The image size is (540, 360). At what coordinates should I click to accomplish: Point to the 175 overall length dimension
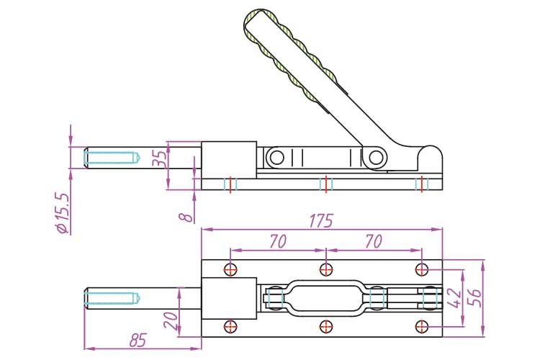(x=323, y=220)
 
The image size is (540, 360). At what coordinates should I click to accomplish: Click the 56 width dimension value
(x=475, y=297)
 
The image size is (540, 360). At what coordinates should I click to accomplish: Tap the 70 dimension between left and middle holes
(x=278, y=241)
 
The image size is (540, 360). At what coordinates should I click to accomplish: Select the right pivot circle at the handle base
(x=376, y=157)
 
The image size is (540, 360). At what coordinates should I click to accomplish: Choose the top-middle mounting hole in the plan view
(x=326, y=270)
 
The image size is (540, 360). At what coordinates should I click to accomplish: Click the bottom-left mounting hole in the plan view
(x=230, y=326)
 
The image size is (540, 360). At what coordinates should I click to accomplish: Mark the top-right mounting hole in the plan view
(x=422, y=270)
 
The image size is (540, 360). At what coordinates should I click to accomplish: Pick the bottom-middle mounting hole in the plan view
(x=326, y=326)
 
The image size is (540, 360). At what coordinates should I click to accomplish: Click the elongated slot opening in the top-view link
(x=325, y=298)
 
